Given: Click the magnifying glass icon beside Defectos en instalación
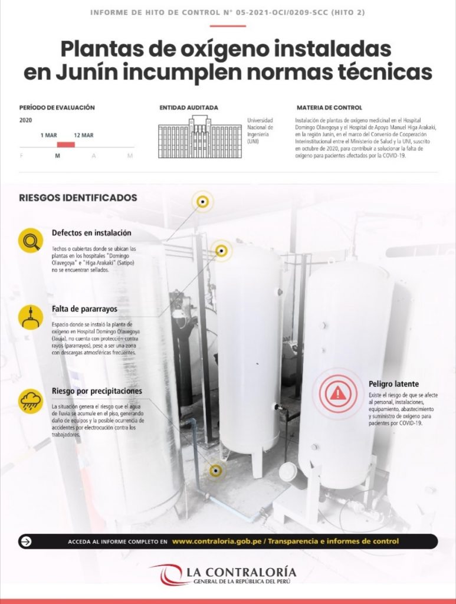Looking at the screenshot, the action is (x=31, y=241).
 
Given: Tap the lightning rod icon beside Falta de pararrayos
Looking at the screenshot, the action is (x=31, y=317).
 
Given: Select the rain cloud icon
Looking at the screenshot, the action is (x=31, y=401).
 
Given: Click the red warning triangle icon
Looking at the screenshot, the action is (x=338, y=393).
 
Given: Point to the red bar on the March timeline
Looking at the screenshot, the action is (x=66, y=145).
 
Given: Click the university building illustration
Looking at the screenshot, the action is (x=200, y=137).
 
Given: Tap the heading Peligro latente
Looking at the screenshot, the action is (x=393, y=384).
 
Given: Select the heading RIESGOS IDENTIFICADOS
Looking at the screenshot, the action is (x=78, y=198).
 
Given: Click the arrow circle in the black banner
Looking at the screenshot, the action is (x=26, y=541).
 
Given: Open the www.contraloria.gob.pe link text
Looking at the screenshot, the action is (x=217, y=541).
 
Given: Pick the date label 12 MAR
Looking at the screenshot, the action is (x=84, y=135).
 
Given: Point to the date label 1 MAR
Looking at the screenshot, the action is (x=48, y=135).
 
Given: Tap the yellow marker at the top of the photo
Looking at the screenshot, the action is (x=202, y=202).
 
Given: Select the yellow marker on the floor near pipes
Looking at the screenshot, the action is (x=215, y=471).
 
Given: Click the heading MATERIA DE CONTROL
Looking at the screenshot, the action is (x=329, y=108).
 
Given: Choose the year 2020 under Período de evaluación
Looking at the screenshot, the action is (x=25, y=120).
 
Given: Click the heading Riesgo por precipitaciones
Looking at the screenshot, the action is (x=97, y=391).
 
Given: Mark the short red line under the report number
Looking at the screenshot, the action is (x=228, y=26).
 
